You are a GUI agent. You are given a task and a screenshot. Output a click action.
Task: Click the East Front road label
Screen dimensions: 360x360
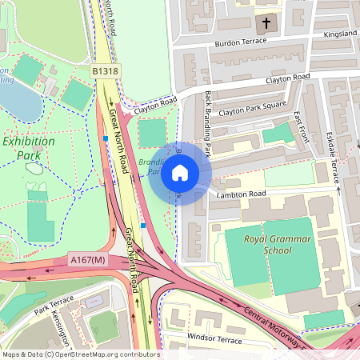pos(301,128)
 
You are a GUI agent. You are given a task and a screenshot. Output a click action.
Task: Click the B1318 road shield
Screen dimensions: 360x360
pos(105,72)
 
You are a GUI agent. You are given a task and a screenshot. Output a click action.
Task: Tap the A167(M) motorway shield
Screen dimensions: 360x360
pos(87,260)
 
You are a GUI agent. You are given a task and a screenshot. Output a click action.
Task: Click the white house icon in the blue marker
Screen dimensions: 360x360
pos(180,173)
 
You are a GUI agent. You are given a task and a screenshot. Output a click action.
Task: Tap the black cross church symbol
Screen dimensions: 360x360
pos(266,22)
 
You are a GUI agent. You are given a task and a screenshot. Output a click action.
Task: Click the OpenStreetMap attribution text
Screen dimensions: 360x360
pos(80,354)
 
